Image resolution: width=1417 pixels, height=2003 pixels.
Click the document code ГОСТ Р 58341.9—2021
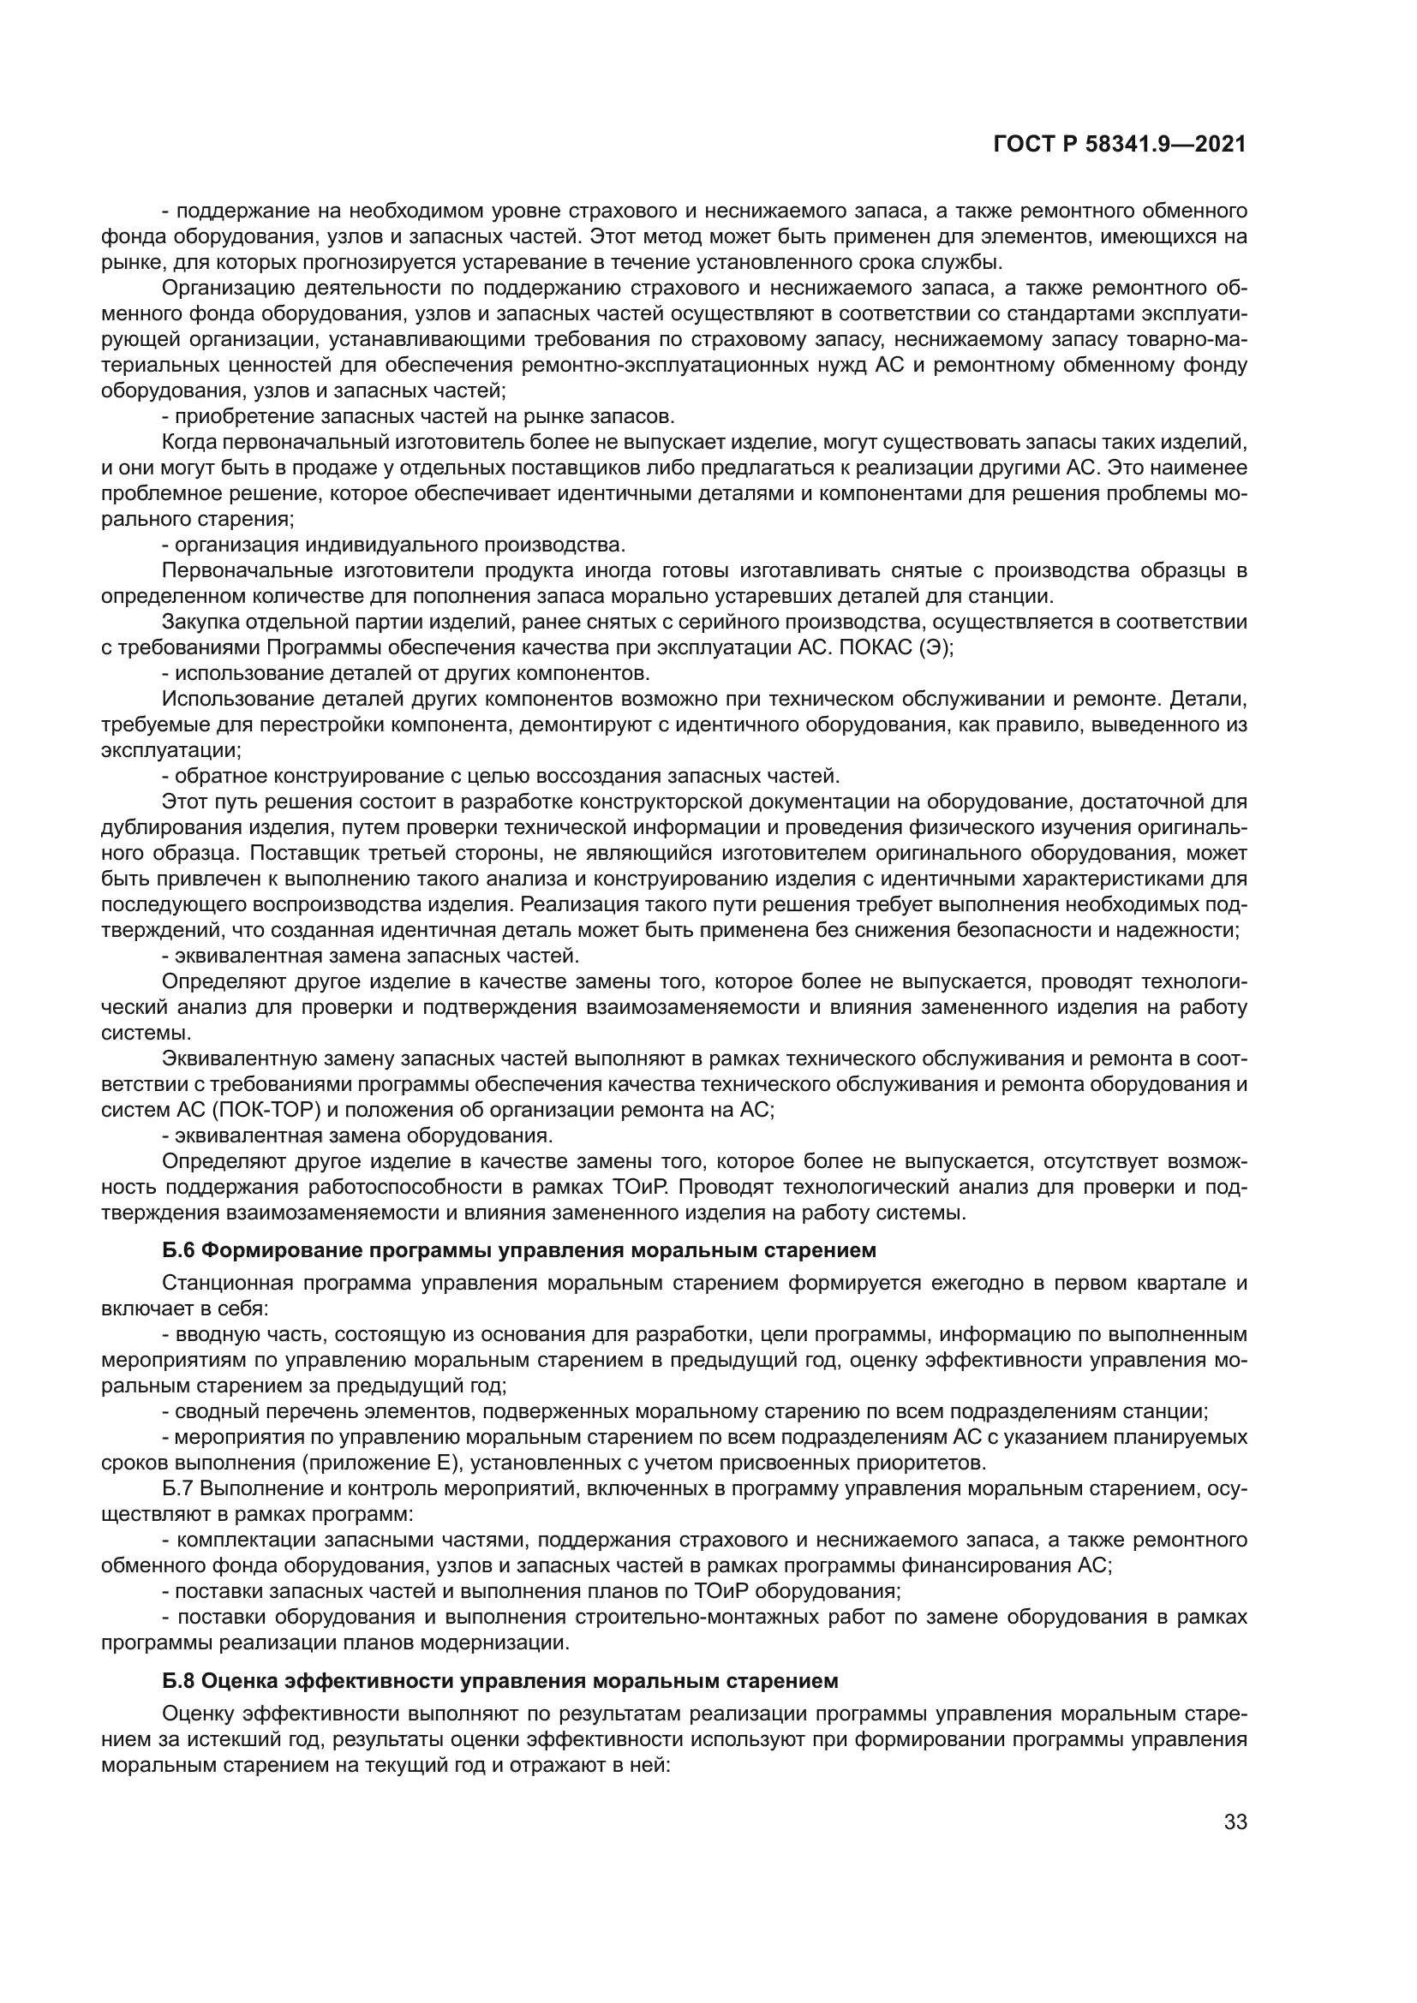click(x=1120, y=146)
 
